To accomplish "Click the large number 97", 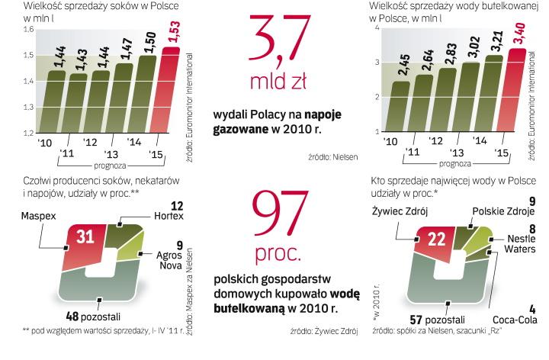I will click(282, 214).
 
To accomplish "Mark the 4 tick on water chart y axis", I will click(377, 28).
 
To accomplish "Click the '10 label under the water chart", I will click(390, 142).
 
